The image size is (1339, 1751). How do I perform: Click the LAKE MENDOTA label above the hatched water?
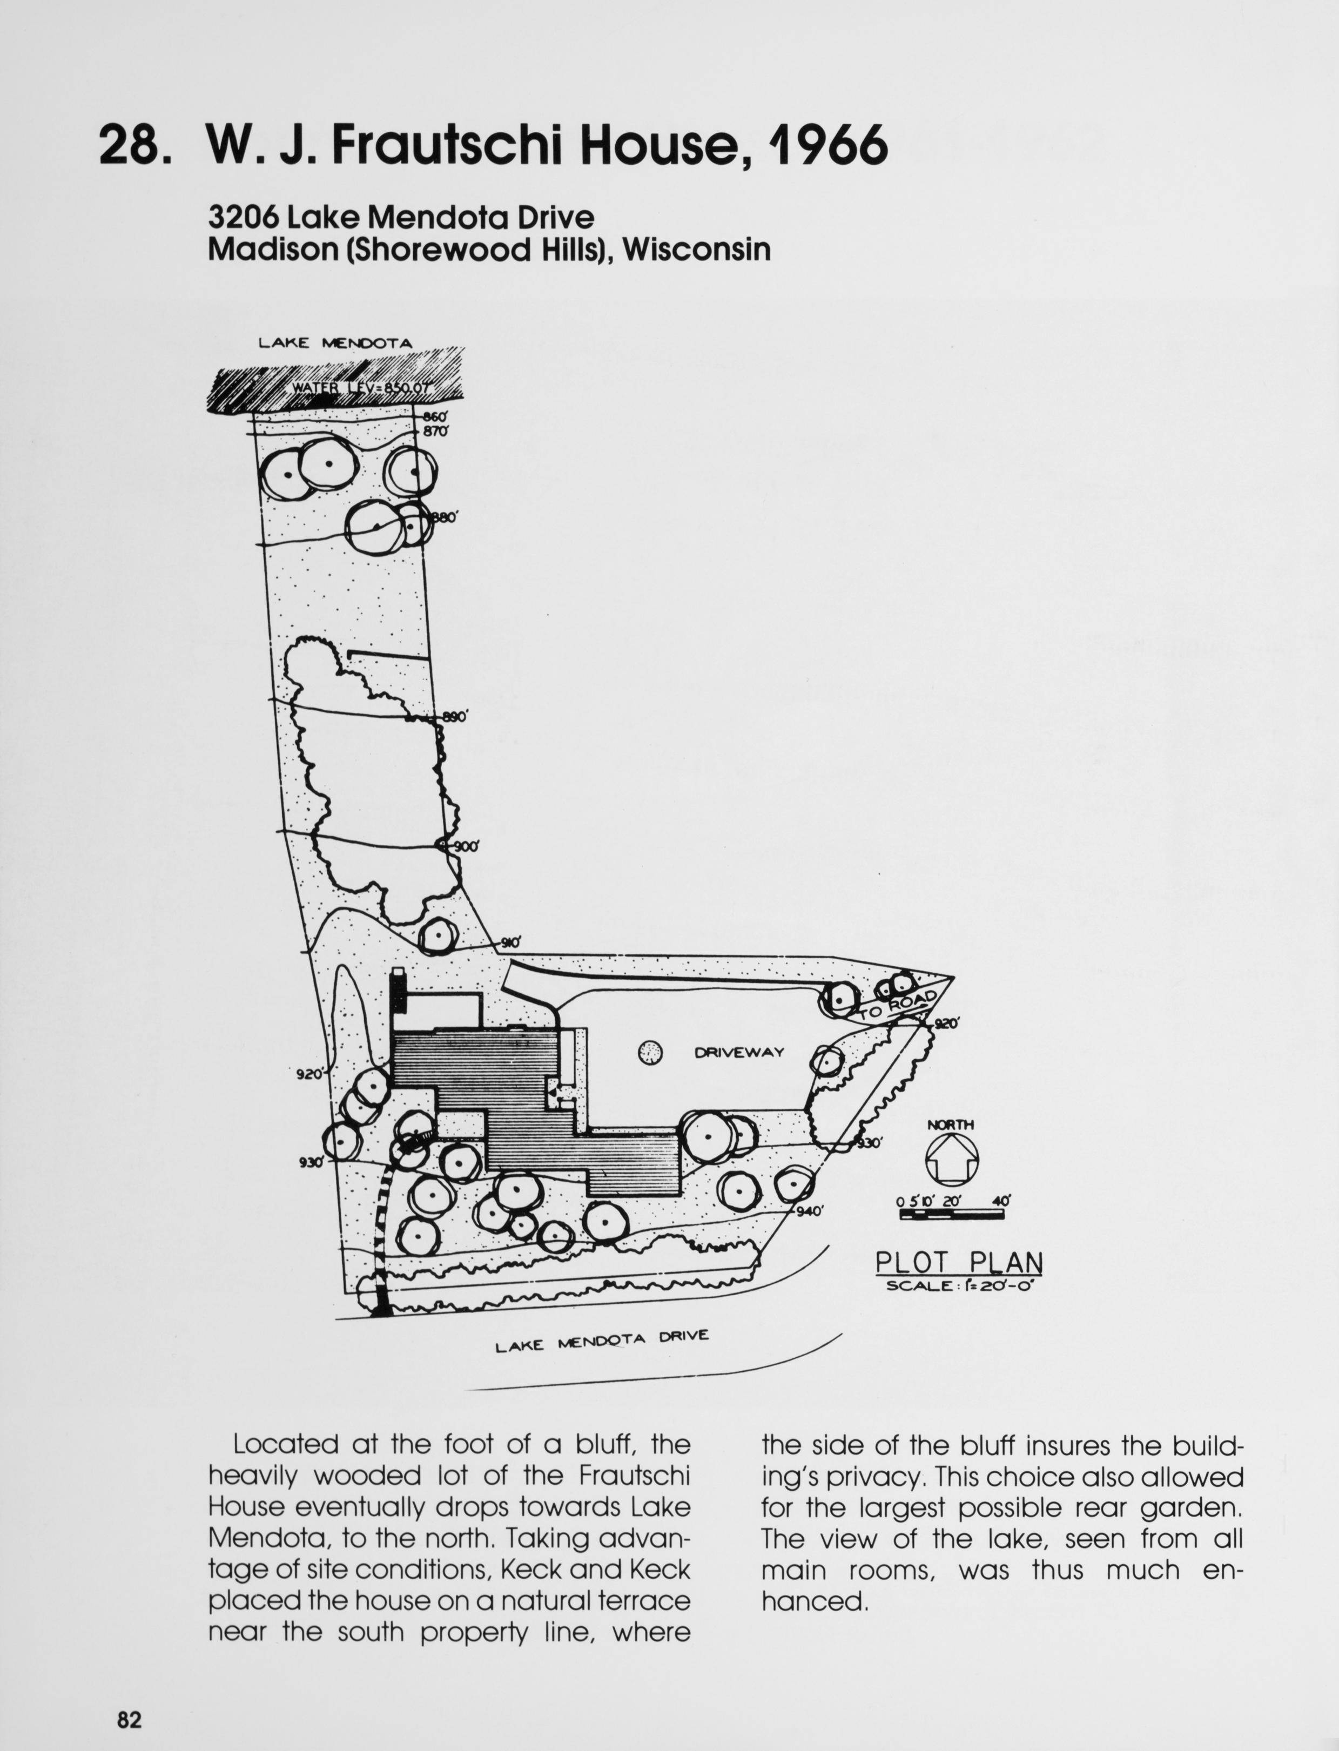coord(335,344)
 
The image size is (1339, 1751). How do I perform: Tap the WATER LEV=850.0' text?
coord(361,388)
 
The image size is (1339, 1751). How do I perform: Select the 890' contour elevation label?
coord(454,717)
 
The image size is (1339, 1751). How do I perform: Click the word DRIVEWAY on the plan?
coord(739,1052)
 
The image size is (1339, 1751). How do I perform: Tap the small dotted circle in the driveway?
coord(650,1053)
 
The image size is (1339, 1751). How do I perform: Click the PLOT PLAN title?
coord(959,1263)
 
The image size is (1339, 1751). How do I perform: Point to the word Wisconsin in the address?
coord(697,250)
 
